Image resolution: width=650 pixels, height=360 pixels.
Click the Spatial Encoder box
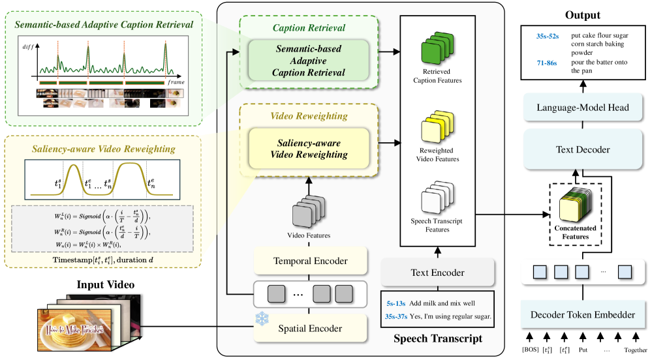(307, 328)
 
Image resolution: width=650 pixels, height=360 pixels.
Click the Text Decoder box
(583, 150)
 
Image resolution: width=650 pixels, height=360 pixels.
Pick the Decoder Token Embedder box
(583, 315)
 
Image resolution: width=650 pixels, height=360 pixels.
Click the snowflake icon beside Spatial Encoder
(262, 318)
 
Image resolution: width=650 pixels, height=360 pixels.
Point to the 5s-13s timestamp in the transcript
(394, 304)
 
